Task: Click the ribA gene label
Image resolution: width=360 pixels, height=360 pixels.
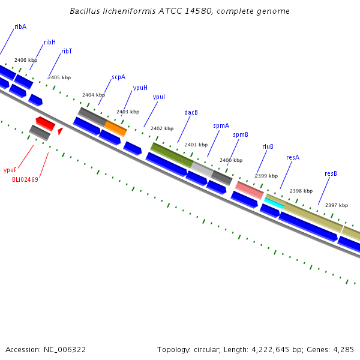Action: (x=20, y=26)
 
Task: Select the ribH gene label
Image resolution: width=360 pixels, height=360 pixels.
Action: (x=50, y=42)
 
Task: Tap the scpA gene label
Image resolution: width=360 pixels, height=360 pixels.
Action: (x=118, y=77)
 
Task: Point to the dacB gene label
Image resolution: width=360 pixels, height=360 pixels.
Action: (x=191, y=112)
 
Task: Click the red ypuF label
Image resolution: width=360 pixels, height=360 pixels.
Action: (x=10, y=170)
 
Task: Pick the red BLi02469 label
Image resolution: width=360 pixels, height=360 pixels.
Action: (x=25, y=179)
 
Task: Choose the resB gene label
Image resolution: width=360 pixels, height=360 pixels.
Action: (x=331, y=173)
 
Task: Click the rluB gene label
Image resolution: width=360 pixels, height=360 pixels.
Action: (x=268, y=146)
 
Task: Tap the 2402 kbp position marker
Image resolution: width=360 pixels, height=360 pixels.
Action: (x=162, y=128)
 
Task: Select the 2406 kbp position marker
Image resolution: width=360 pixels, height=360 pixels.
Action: (x=26, y=60)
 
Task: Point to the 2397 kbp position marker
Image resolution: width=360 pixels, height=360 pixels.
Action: (x=337, y=205)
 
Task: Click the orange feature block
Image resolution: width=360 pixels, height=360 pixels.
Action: (x=115, y=128)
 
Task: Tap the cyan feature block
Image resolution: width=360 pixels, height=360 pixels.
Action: (x=274, y=203)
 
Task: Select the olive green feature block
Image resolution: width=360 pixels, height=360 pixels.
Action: (x=172, y=155)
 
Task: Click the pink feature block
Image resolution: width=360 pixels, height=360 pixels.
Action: (x=249, y=190)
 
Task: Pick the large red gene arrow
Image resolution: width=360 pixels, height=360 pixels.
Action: (x=46, y=124)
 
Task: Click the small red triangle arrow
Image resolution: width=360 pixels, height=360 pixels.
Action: (x=61, y=131)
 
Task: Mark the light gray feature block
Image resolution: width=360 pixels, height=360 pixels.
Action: (x=202, y=169)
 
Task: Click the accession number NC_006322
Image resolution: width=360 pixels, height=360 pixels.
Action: (x=65, y=350)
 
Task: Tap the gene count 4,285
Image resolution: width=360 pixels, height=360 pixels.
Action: (x=343, y=350)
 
